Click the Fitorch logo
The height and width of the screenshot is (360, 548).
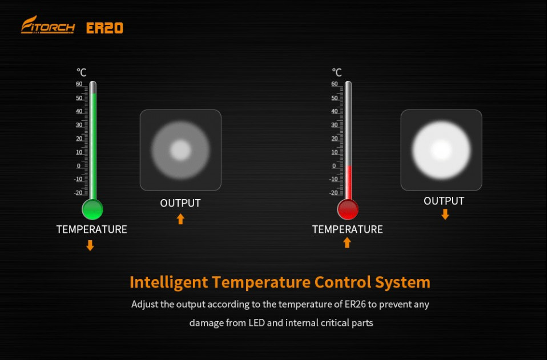click(48, 25)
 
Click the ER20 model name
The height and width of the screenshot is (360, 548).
click(104, 29)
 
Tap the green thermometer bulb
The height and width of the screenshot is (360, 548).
click(92, 209)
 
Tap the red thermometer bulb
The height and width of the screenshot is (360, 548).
click(348, 209)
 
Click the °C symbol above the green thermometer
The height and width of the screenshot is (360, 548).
click(82, 72)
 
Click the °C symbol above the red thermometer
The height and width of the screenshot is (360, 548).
click(337, 72)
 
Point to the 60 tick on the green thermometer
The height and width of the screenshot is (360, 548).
click(79, 84)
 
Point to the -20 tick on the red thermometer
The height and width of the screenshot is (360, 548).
click(334, 192)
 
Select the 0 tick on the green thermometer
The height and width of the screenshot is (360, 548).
click(79, 166)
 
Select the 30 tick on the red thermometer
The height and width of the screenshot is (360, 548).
click(335, 124)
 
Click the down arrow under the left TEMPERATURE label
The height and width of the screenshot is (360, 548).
click(90, 245)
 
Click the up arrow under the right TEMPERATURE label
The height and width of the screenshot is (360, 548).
click(347, 242)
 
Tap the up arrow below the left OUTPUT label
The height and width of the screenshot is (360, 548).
click(180, 219)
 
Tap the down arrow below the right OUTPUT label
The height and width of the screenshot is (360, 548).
click(445, 214)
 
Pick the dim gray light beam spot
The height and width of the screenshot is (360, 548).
click(180, 150)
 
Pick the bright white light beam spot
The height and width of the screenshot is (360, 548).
click(441, 150)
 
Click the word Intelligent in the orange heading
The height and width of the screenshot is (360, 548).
click(169, 282)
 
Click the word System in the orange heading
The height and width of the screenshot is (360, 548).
click(402, 282)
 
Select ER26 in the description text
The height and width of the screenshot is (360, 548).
click(355, 304)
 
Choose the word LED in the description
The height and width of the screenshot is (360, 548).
click(256, 323)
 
